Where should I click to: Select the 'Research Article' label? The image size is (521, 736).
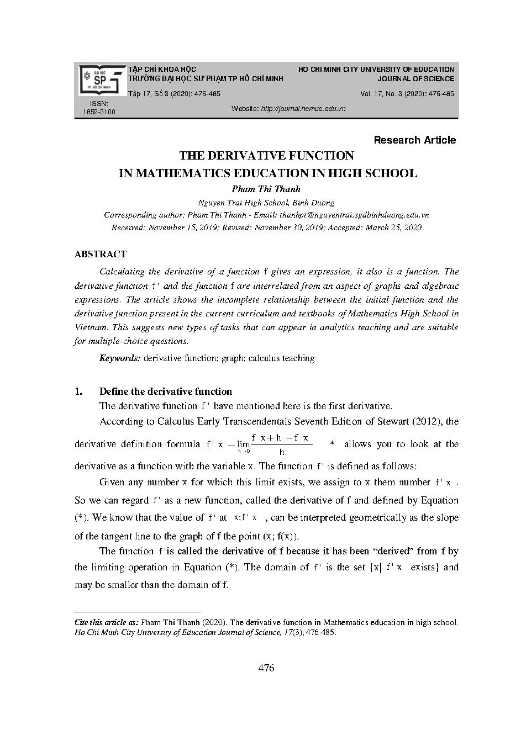[414, 140]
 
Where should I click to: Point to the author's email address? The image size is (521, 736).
[354, 215]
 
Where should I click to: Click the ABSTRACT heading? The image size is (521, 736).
[100, 254]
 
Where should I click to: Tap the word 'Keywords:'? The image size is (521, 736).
[120, 358]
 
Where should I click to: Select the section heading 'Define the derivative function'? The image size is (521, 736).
[165, 391]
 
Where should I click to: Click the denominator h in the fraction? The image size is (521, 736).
[282, 453]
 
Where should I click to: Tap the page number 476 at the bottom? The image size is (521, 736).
[266, 668]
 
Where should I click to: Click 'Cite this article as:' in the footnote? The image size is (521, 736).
[107, 622]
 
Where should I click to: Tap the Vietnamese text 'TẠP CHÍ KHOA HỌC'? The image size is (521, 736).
[162, 70]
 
